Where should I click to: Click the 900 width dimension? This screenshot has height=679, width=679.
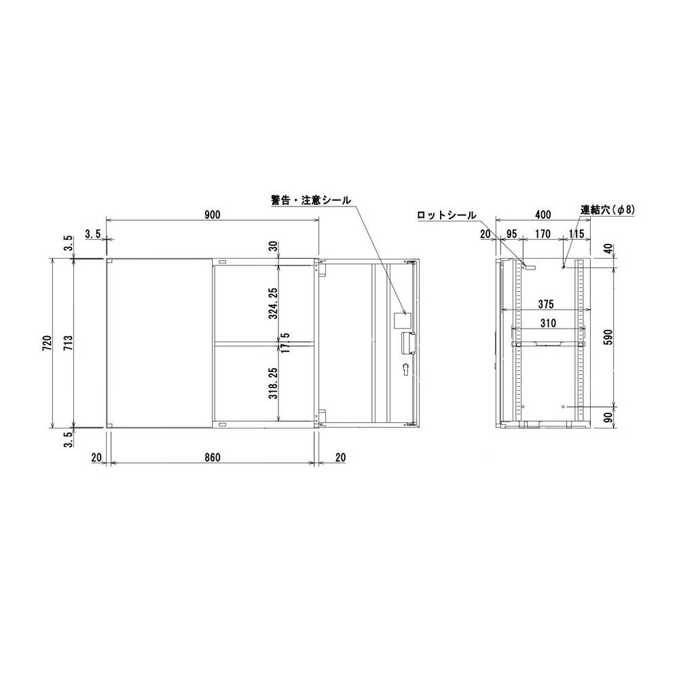212,215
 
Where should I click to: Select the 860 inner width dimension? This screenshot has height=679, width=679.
212,458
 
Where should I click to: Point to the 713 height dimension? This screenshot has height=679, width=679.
67,343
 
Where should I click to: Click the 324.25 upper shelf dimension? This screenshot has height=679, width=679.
273,302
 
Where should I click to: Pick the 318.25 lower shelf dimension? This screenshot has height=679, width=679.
273,382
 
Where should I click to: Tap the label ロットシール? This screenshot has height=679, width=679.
447,215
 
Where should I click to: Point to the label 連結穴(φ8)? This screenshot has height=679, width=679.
608,210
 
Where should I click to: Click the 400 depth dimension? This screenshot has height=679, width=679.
543,215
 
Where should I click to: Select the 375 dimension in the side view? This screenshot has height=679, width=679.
543,304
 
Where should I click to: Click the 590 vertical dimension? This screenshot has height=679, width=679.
608,337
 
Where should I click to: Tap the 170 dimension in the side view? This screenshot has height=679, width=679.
543,234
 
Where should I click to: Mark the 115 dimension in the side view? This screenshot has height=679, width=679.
576,234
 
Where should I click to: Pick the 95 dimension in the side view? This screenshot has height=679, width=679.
511,234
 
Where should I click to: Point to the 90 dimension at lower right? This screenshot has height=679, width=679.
608,415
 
